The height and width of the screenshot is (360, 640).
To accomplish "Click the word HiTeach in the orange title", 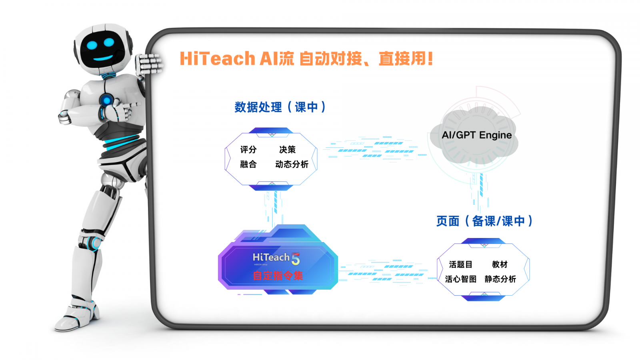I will tap(217, 59).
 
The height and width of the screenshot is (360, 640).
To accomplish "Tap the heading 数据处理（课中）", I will tap(280, 107).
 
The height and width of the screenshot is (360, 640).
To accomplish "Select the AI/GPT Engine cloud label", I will tap(476, 135).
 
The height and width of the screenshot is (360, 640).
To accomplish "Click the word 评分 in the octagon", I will tap(248, 150).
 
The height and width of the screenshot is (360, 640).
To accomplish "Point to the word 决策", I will tap(287, 150).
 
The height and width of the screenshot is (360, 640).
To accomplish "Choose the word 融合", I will tap(248, 164).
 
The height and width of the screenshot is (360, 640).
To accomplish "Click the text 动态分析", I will tap(292, 164).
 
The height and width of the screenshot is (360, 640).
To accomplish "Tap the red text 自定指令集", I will tap(278, 276).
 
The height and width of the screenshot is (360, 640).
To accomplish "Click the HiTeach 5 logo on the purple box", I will tap(276, 258).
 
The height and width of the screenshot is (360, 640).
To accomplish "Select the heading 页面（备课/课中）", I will tap(484, 221).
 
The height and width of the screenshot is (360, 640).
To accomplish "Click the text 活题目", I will tap(460, 264).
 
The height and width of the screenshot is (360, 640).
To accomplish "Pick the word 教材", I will tap(500, 264).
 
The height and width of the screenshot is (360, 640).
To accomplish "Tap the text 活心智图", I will tap(460, 279).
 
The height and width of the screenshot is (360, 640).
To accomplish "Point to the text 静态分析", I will tap(500, 279).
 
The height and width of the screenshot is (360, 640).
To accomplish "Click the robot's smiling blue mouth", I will tap(103, 58).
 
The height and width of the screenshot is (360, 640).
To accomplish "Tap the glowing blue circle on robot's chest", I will tap(106, 100).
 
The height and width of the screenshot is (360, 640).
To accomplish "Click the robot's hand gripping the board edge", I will tap(149, 64).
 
